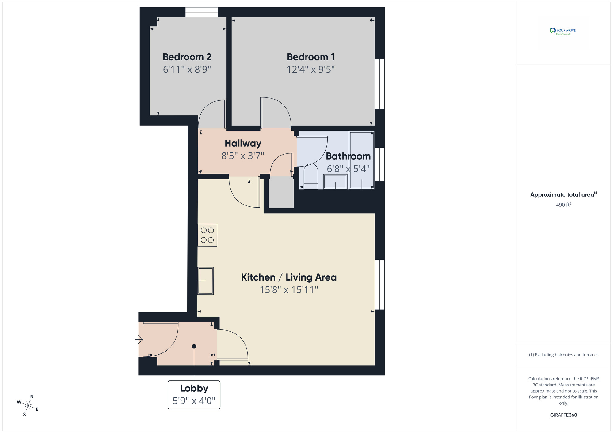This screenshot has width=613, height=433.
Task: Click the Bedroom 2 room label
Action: (187, 57)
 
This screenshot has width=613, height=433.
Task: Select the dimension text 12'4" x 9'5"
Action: (310, 70)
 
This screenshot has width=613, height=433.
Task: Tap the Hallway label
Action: (243, 143)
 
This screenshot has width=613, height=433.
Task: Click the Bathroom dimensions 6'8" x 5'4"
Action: (348, 169)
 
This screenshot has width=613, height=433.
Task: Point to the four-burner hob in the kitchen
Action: (207, 235)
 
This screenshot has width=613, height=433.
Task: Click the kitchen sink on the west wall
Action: (205, 281)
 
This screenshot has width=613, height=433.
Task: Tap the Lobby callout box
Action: (194, 395)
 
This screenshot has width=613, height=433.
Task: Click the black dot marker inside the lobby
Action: (194, 346)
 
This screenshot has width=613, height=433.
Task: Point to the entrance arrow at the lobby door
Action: (139, 339)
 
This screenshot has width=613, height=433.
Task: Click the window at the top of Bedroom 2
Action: (201, 12)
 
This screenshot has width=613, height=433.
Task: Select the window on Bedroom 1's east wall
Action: (379, 84)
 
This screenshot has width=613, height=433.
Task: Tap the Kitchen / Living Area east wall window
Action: (379, 284)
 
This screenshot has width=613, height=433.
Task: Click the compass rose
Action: (28, 406)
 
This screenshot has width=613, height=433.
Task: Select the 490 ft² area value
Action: (563, 205)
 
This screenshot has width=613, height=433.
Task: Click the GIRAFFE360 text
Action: (563, 415)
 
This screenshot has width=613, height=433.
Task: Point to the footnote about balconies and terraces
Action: (563, 355)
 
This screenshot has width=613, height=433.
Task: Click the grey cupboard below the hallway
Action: (281, 193)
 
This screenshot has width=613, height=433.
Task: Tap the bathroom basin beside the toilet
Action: (335, 182)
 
